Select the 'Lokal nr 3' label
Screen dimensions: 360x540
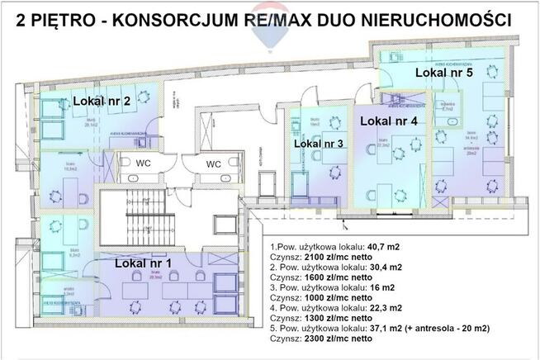pyautogui.click(x=319, y=144)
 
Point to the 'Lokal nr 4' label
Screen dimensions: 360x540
pyautogui.click(x=389, y=121)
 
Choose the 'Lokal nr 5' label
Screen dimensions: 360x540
pyautogui.click(x=443, y=73)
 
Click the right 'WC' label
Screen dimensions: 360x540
pyautogui.click(x=213, y=163)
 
